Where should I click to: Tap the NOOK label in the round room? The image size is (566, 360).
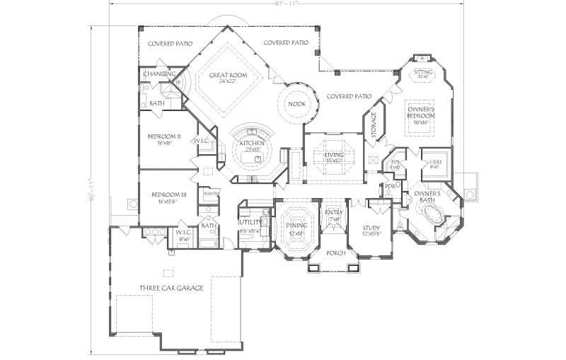(x=296, y=104)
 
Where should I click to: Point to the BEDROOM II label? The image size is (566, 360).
(x=164, y=136)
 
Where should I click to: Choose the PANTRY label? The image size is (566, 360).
(x=209, y=192)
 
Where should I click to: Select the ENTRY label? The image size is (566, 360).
(x=333, y=213)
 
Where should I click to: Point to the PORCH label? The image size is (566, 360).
(x=336, y=252)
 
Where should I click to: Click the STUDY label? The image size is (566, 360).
(x=371, y=228)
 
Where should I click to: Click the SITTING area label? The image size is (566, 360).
(x=423, y=72)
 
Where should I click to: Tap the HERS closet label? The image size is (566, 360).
(x=436, y=162)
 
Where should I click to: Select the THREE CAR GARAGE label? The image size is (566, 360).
(x=171, y=288)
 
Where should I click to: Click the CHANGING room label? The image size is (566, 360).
(x=159, y=74)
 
